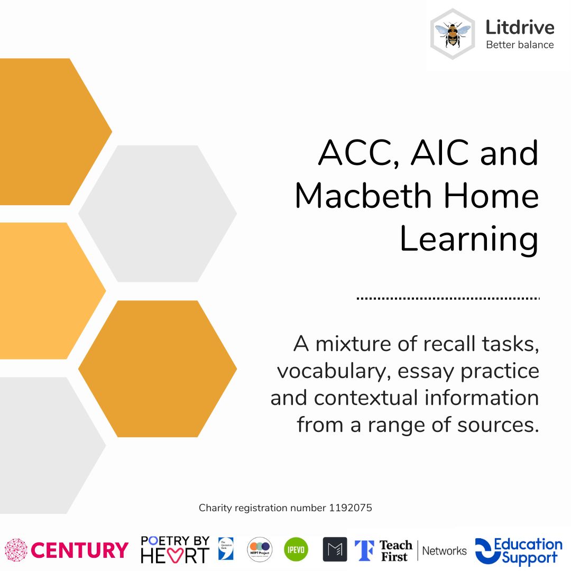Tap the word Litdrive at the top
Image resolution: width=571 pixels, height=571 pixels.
520,27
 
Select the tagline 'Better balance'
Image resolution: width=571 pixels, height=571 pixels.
520,44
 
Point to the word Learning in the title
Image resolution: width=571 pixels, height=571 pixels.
468,239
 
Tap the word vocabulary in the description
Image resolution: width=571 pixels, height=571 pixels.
334,371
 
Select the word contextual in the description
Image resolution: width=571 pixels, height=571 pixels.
362,398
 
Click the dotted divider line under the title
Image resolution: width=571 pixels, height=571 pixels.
448,298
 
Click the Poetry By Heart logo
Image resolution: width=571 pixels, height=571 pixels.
175,549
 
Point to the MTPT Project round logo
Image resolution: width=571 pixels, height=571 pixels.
260,549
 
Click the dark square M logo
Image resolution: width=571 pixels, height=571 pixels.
335,549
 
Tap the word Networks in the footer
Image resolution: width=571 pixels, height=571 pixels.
445,551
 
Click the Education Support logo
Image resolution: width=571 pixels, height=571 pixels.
519,551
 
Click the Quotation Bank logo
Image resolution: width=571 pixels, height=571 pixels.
226,548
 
